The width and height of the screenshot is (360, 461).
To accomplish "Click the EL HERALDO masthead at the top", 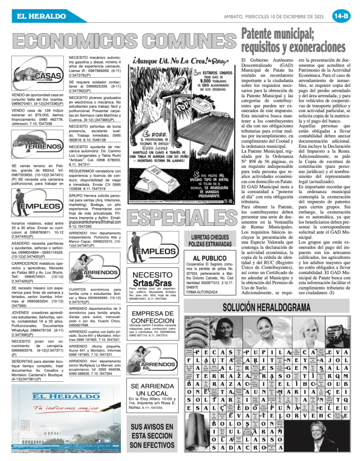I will [x=41, y=16].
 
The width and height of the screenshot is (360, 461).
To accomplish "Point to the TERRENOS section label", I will [x=43, y=147].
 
